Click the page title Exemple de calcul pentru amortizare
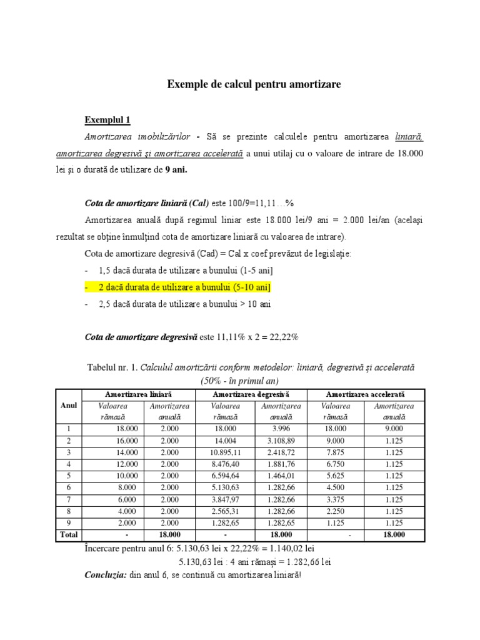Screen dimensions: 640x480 click(254, 84)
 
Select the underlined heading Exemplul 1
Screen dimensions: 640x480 click(107, 120)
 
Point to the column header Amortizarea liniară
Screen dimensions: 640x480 click(138, 395)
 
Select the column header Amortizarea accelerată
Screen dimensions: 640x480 click(366, 395)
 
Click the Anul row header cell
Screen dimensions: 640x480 click(68, 406)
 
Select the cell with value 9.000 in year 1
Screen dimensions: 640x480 click(389, 429)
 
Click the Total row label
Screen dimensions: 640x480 click(68, 535)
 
